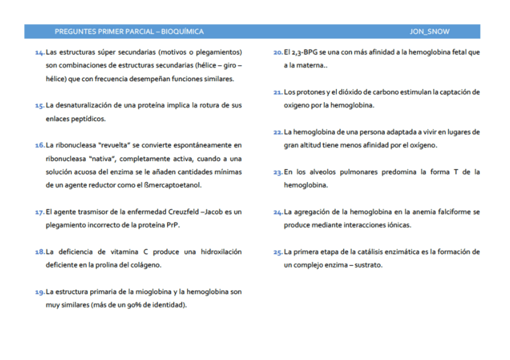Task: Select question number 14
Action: coord(40,53)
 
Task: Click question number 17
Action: coord(40,212)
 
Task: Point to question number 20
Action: coord(278,53)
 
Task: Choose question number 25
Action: coord(278,252)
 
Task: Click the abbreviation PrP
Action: coord(172,225)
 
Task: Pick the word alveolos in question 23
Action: coord(324,172)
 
